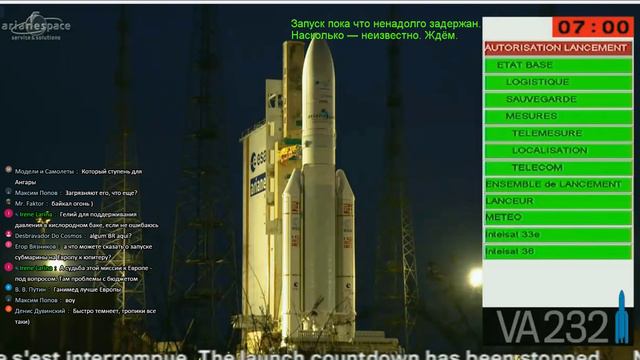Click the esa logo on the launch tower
(258, 159)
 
